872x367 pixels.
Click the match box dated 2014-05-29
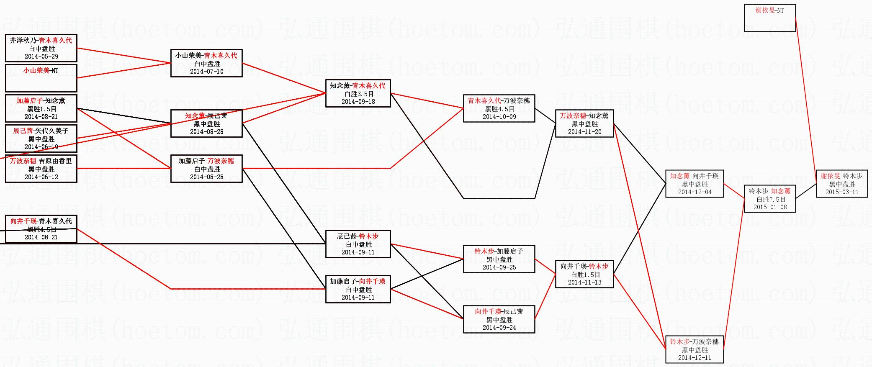[x=41, y=48]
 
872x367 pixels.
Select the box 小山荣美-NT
[x=41, y=78]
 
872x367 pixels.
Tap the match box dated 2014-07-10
[x=206, y=63]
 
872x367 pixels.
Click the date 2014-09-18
[x=358, y=102]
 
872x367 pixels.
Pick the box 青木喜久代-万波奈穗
[x=499, y=108]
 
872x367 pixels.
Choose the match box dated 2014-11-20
[x=584, y=123]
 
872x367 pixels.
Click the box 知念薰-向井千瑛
[x=695, y=184]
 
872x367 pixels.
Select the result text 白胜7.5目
[x=770, y=200]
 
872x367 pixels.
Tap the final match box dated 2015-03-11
[x=842, y=184]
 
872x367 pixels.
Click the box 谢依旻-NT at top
[x=769, y=18]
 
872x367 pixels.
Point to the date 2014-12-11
[x=695, y=358]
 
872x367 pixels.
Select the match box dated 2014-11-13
[x=584, y=274]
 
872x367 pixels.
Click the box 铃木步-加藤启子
[x=499, y=259]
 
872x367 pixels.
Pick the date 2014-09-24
[x=499, y=328]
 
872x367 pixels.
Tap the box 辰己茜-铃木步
[x=358, y=244]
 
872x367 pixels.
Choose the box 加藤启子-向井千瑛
[x=358, y=289]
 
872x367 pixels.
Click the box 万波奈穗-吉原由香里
[x=41, y=169]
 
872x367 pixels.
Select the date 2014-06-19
[x=41, y=147]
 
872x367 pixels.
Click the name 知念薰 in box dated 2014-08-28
[x=195, y=116]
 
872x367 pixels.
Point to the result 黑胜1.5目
[x=41, y=109]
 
